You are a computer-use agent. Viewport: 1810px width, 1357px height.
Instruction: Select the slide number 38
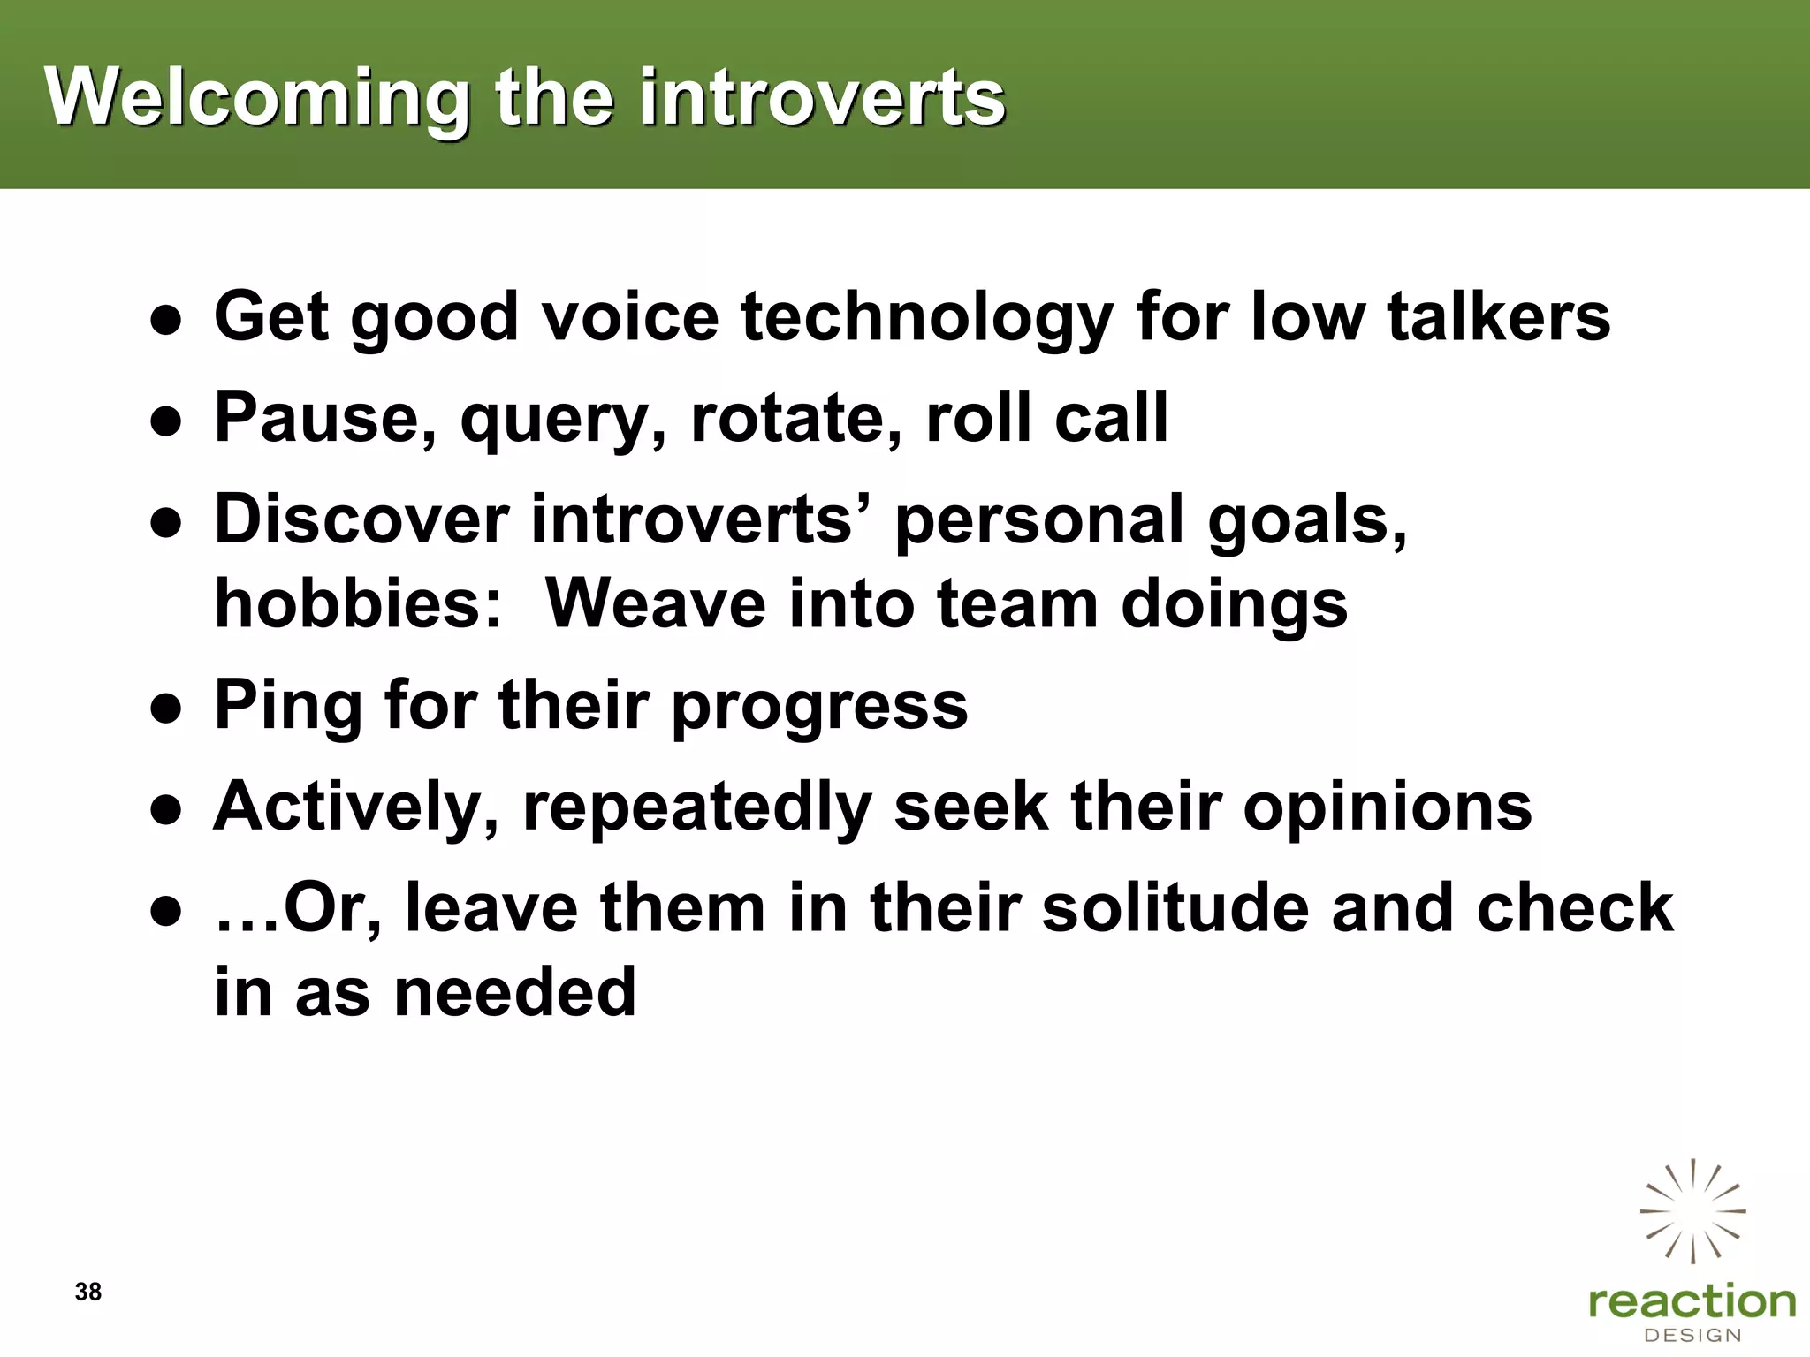88,1292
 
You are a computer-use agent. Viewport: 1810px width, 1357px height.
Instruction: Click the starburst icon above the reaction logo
1692,1211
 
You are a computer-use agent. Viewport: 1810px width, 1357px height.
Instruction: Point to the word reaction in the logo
1692,1301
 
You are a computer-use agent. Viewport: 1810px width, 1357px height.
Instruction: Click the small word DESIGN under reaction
1692,1335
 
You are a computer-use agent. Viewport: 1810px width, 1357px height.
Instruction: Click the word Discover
361,519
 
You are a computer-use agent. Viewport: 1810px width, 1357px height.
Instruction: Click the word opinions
1388,807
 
